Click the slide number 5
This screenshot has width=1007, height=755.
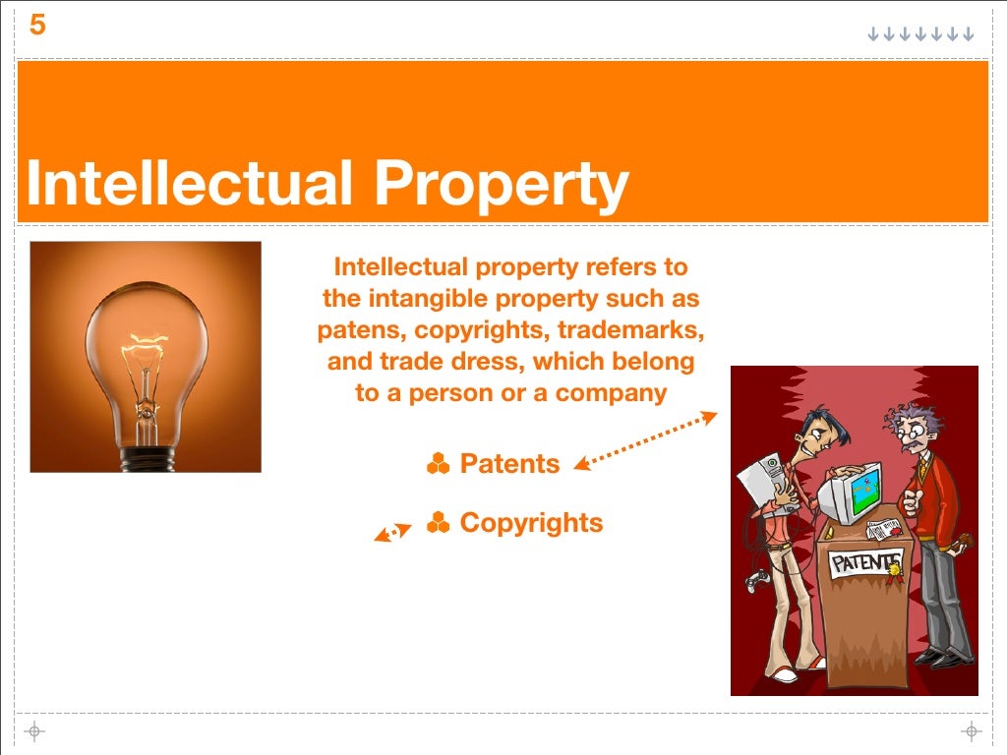tap(37, 26)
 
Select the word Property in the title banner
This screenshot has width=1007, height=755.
tap(500, 185)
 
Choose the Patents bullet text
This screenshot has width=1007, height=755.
tap(509, 464)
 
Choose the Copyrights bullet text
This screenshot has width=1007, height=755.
tap(531, 523)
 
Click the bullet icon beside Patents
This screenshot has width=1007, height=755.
tap(438, 464)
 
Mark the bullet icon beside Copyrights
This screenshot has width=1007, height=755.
tap(438, 523)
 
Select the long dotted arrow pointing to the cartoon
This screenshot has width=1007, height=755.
tap(646, 440)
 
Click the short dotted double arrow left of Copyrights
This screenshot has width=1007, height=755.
tap(393, 532)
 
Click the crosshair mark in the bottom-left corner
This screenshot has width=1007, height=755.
tap(34, 730)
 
